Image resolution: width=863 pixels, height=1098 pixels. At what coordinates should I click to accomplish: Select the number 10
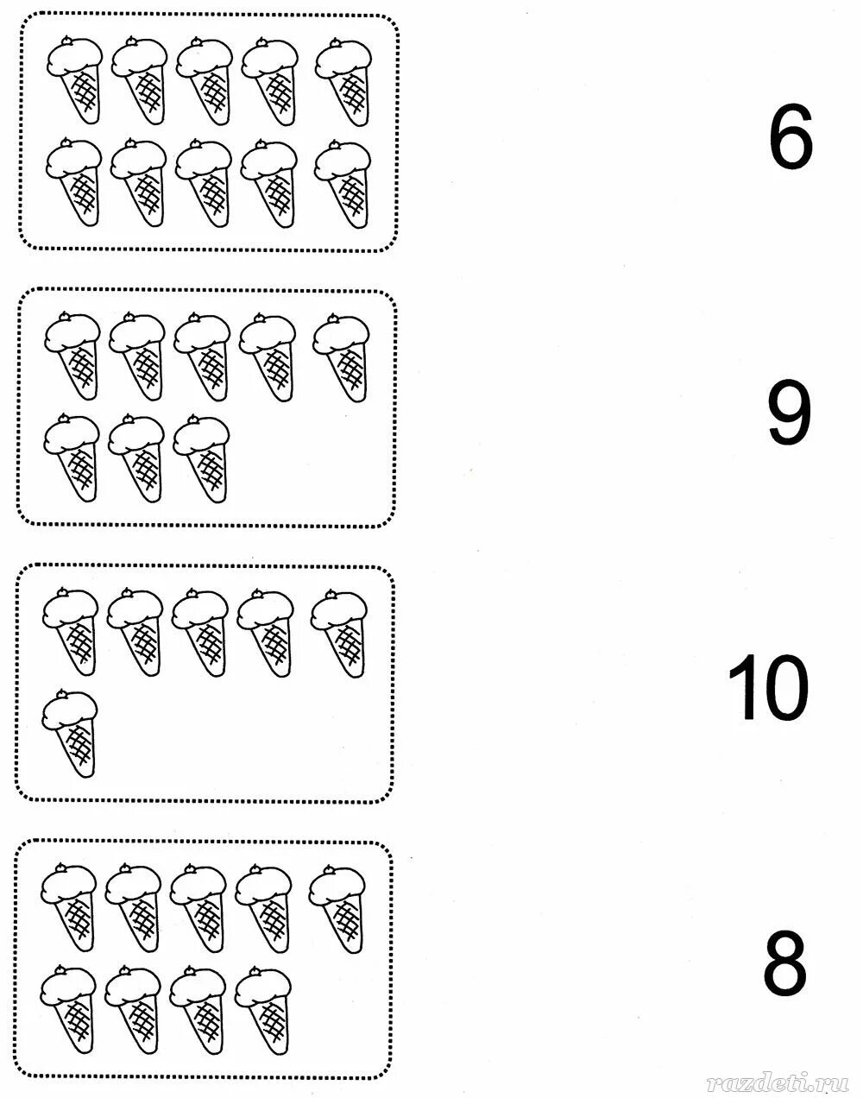tap(769, 688)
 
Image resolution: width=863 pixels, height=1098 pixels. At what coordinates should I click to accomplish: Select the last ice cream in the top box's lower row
tap(343, 182)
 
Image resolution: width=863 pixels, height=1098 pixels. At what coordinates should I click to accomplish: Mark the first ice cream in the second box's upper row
tap(73, 355)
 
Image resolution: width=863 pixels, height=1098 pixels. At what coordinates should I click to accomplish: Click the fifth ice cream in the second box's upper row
tap(342, 355)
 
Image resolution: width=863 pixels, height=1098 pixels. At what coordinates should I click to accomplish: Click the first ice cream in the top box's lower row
tap(75, 182)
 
